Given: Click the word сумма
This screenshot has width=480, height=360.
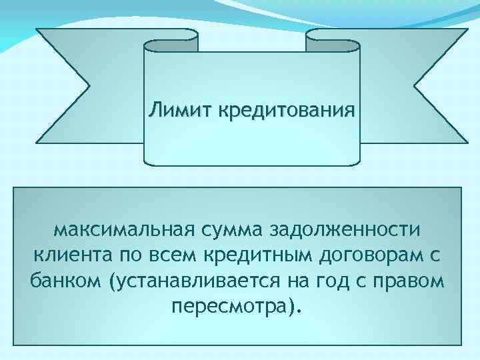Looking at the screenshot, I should (226, 230).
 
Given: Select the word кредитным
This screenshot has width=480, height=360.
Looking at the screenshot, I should (257, 255).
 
